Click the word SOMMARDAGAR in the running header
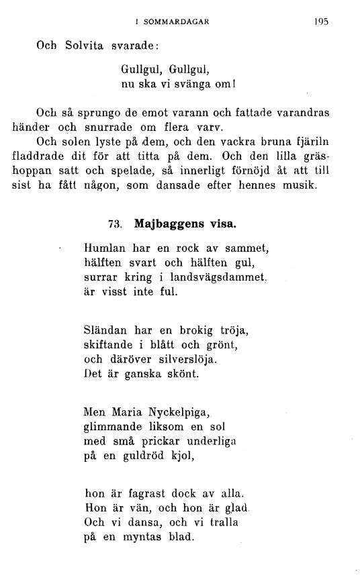175,21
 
